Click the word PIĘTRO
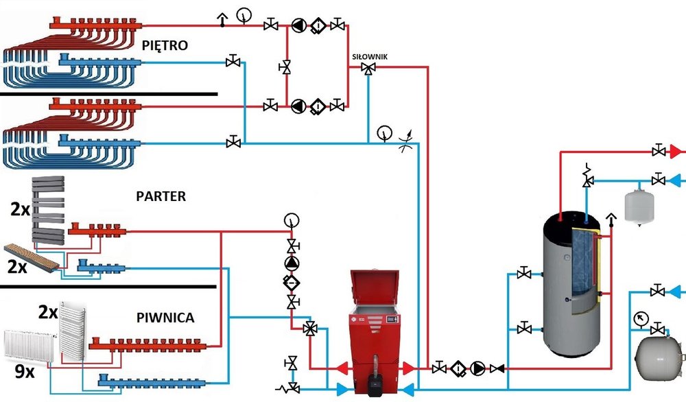pos(165,45)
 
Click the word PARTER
pos(161,196)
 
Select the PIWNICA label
pos(165,318)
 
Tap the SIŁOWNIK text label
pos(369,58)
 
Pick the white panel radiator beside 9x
pos(32,346)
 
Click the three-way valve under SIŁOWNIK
pos(369,69)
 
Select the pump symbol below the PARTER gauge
pos(292,264)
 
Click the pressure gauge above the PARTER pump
pos(292,220)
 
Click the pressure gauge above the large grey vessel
pos(641,318)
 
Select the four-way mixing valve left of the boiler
pos(310,329)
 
